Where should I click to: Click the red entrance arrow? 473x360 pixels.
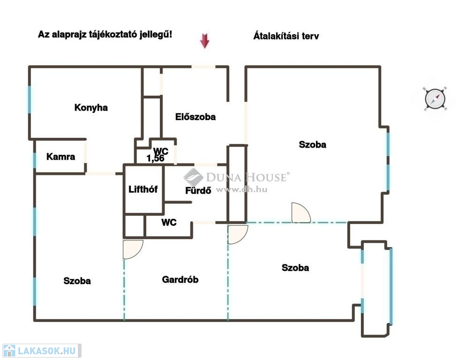[205, 41]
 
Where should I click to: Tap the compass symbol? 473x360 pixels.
[435, 99]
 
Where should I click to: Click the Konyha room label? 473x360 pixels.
[91, 108]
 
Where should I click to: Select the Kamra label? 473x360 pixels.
[60, 157]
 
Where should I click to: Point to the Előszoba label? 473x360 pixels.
[195, 117]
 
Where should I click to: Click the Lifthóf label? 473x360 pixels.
[143, 189]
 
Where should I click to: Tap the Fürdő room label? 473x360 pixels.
[198, 190]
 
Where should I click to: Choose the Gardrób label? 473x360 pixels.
[180, 279]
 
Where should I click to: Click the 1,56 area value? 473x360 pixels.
[155, 158]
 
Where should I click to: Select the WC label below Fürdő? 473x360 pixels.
[169, 222]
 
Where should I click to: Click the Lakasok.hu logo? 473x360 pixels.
[42, 351]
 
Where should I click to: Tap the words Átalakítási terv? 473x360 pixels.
[286, 36]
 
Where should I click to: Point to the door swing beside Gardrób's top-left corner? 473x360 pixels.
[133, 249]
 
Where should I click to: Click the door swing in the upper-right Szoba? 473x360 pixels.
[301, 213]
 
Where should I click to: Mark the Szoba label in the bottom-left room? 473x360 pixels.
[77, 281]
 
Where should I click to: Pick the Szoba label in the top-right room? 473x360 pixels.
[313, 144]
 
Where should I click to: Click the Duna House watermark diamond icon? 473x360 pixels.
[193, 178]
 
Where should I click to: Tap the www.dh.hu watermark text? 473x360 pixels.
[241, 189]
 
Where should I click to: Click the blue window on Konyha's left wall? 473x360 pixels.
[30, 99]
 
